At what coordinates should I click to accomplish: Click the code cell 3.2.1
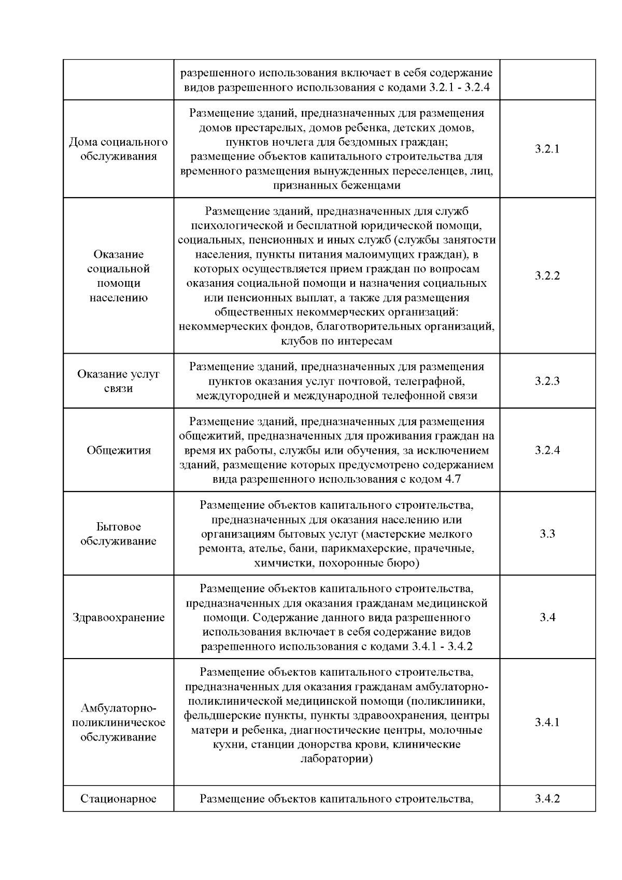click(547, 149)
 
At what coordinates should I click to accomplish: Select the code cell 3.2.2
click(547, 276)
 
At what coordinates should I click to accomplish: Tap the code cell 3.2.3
click(547, 381)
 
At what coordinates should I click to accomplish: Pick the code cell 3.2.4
click(547, 450)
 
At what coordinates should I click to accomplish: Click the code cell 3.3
click(547, 534)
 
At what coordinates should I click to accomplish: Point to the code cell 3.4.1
click(547, 722)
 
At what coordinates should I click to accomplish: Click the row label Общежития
click(119, 450)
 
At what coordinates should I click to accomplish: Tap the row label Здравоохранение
click(119, 618)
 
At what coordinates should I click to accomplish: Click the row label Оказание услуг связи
click(119, 381)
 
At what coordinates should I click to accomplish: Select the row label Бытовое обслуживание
click(119, 534)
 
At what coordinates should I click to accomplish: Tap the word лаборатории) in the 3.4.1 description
click(336, 759)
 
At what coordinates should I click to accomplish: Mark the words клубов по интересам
click(336, 341)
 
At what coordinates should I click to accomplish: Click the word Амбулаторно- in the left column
click(119, 708)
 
